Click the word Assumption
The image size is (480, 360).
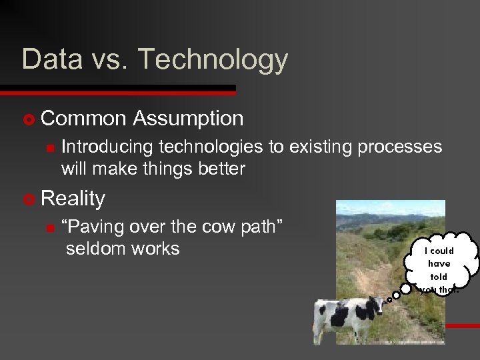pyautogui.click(x=188, y=119)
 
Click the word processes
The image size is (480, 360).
pyautogui.click(x=400, y=147)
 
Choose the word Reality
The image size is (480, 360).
pyautogui.click(x=73, y=199)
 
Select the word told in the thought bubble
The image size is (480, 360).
pyautogui.click(x=439, y=276)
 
